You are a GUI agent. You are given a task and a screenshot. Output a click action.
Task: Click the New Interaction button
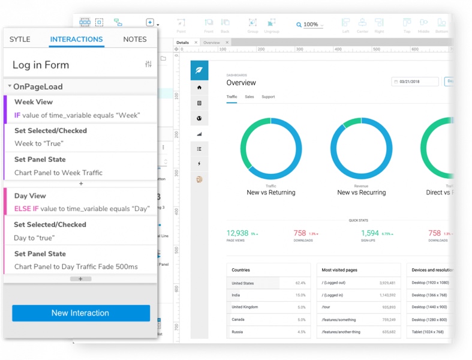pos(80,313)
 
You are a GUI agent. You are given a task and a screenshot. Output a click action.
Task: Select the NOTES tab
pos(134,39)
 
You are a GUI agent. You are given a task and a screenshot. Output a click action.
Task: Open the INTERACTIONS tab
pos(76,39)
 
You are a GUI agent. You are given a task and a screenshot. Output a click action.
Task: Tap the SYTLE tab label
pos(20,39)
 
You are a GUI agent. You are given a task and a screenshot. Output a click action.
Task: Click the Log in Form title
pos(41,65)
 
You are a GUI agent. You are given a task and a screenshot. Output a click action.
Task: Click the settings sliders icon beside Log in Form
pos(148,64)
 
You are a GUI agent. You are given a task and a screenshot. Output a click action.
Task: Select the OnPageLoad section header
pos(38,86)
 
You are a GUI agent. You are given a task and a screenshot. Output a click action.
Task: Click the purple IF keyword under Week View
pos(17,115)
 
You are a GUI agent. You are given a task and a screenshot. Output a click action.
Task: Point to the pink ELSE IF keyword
pos(26,209)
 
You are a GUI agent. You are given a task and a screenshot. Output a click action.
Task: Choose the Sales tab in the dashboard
pos(249,97)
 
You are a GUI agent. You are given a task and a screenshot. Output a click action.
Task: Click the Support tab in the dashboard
pos(268,97)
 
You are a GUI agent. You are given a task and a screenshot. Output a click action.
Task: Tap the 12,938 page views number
pos(237,233)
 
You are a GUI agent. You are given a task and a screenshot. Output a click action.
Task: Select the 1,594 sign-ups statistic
pos(369,233)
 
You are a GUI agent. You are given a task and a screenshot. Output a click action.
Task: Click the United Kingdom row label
pos(245,307)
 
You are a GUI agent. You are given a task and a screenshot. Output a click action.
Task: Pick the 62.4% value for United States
pos(300,283)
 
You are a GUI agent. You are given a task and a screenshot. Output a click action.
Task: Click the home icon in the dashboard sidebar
pos(199,88)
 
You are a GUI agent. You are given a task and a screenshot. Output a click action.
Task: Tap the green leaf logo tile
pos(199,70)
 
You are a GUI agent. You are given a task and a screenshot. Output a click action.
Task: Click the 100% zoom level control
pos(310,25)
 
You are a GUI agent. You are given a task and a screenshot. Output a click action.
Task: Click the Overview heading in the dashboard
pos(241,83)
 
